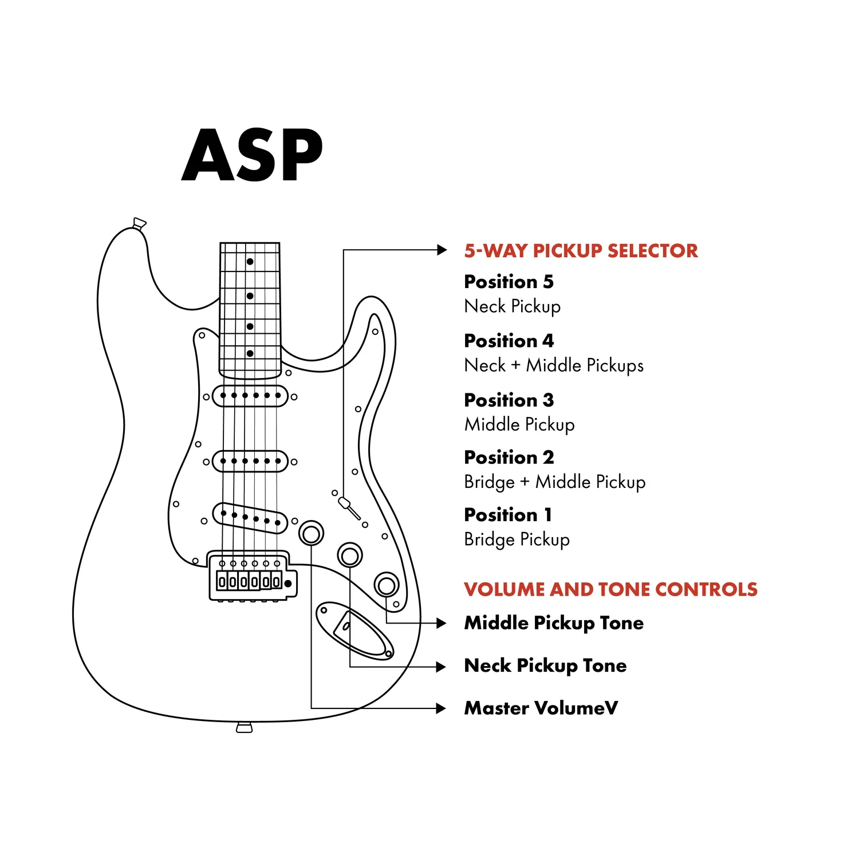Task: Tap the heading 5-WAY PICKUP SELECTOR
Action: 581,251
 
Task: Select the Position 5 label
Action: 509,282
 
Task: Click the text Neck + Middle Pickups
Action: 554,365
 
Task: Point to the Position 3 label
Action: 509,400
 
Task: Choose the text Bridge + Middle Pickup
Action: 555,482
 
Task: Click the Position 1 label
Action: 508,515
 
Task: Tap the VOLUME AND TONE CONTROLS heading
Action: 610,589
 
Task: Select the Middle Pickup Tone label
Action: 554,623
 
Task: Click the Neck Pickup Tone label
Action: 545,666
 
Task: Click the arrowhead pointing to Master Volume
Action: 441,708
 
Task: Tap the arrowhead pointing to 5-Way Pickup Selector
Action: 442,250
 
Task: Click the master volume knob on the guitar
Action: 311,534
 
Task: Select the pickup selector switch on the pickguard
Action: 349,508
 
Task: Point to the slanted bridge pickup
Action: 250,518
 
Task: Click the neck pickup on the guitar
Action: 250,396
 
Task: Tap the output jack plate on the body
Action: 354,631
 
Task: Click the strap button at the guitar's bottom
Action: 245,728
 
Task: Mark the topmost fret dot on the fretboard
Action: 250,262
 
